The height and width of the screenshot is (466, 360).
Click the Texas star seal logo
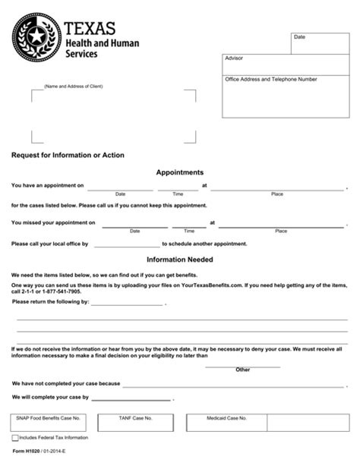pos(34,38)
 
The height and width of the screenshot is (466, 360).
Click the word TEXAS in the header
pos(90,29)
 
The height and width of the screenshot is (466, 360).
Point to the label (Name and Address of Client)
pos(74,87)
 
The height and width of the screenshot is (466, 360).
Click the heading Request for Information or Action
pos(68,155)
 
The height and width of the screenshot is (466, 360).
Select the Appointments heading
pos(180,172)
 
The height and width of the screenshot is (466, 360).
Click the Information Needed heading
pos(180,259)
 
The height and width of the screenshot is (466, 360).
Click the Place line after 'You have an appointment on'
pos(277,186)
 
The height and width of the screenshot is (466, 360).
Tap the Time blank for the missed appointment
pos(189,224)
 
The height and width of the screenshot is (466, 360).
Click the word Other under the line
pos(243,370)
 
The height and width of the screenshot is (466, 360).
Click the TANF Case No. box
pos(147,422)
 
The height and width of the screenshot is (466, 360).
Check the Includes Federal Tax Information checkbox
pos(15,439)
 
